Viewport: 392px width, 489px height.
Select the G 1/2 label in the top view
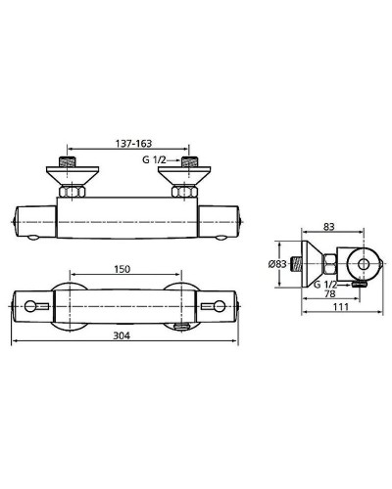(168, 157)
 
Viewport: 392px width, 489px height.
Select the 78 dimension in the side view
(331, 292)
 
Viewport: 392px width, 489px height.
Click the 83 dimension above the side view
(329, 226)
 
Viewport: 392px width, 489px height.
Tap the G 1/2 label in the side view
(324, 284)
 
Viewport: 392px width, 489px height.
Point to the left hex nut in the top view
(70, 188)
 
